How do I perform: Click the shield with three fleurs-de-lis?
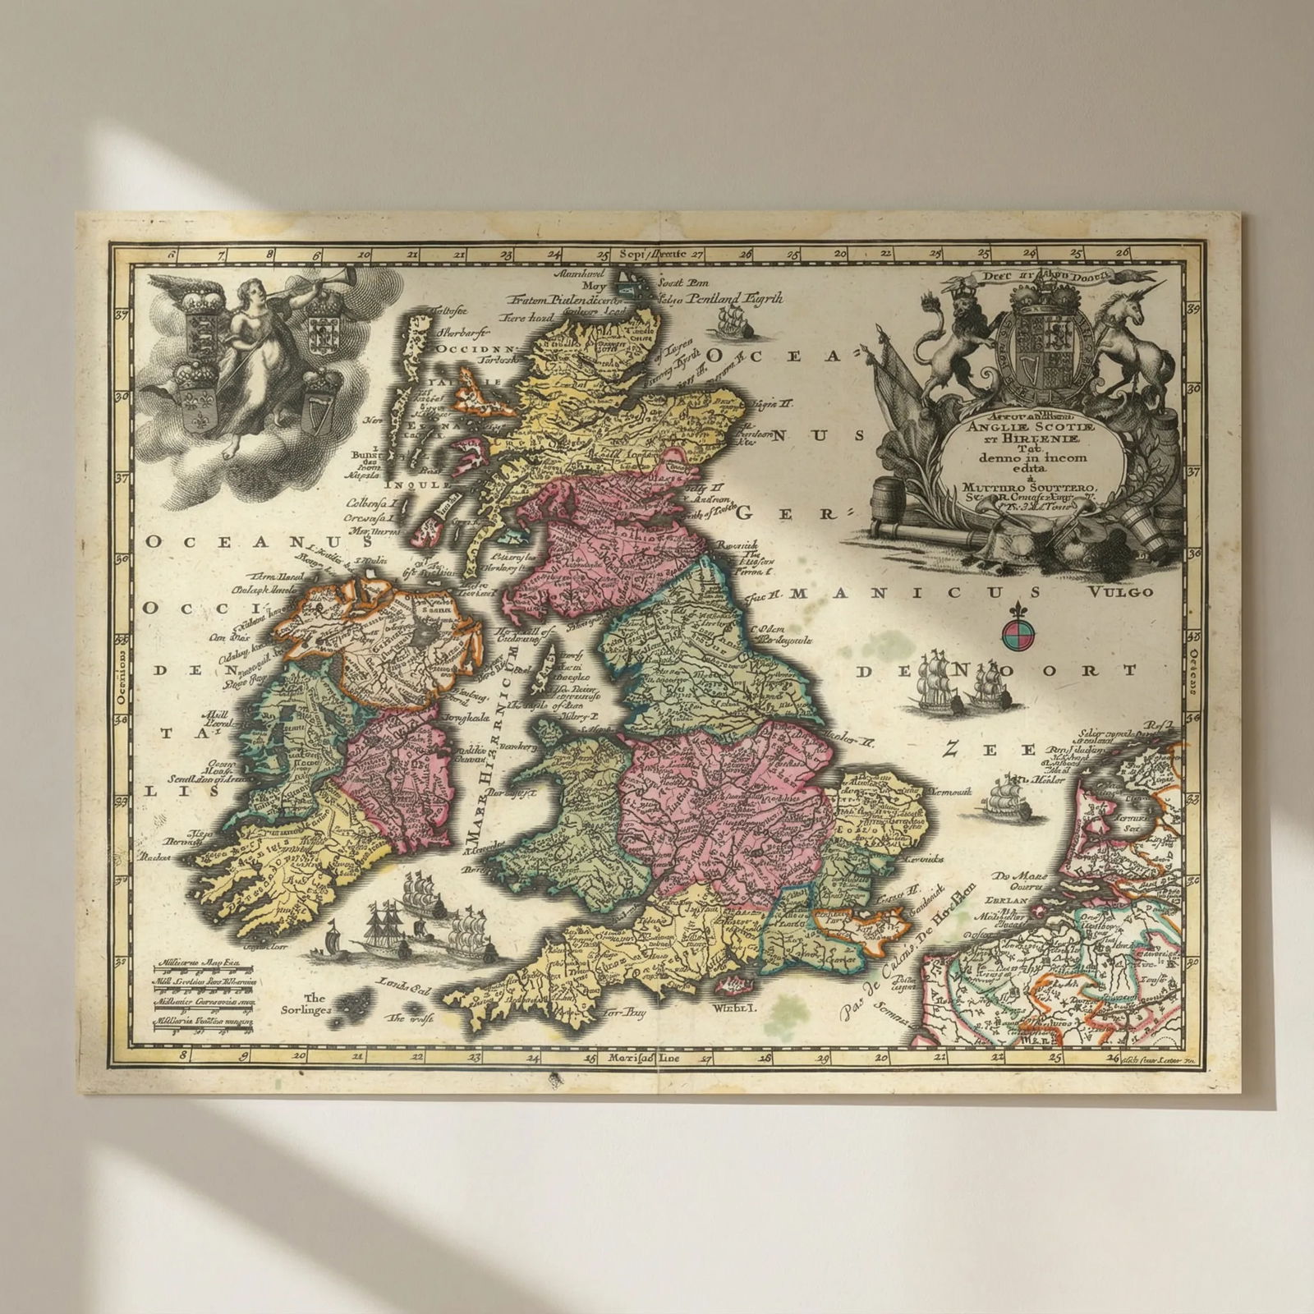(195, 400)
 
